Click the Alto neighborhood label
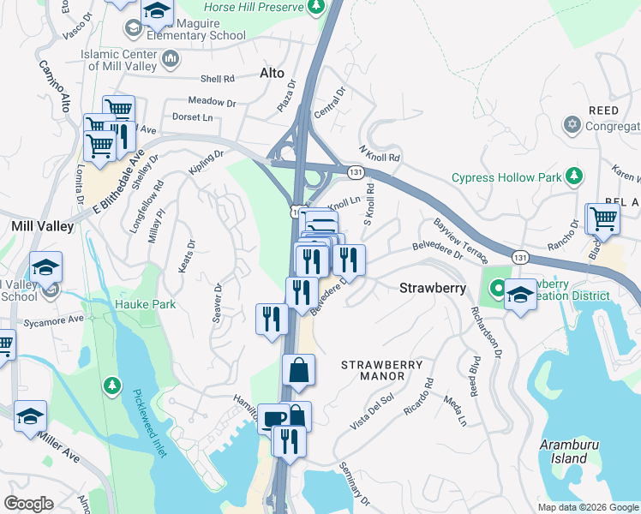pos(272,75)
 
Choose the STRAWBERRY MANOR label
pos(382,371)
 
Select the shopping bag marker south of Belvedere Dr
pos(299,371)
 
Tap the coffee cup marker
pos(273,419)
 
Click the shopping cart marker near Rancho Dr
pos(602,219)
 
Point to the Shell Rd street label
pos(217,80)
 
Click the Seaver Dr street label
pos(218,303)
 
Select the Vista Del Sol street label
pos(371,413)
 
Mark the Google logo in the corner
pos(28,504)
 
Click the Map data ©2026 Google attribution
pos(587,507)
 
